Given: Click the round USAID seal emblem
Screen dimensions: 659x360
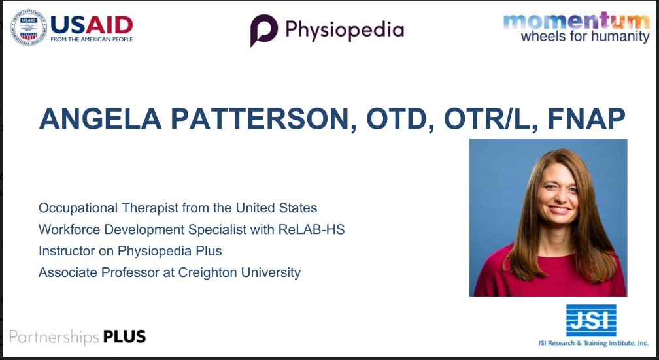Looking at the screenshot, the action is (x=29, y=27).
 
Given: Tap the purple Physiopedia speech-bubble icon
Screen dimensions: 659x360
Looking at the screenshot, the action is (x=264, y=30).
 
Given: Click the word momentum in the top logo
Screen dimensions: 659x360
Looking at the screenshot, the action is (x=576, y=21).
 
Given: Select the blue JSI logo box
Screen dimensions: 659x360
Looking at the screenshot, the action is (x=591, y=321).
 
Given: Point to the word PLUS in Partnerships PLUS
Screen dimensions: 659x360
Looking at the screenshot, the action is (x=124, y=336).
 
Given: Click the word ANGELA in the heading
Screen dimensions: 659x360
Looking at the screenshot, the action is (x=101, y=119).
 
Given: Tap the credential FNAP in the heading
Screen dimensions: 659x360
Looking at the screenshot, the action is (x=586, y=119).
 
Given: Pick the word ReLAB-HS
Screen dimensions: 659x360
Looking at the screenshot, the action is (x=311, y=229).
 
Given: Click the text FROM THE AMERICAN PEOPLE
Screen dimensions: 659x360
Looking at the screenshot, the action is (x=92, y=39).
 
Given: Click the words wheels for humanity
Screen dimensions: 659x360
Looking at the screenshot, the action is (x=585, y=37).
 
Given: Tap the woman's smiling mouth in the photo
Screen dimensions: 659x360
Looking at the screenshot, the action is (x=560, y=209).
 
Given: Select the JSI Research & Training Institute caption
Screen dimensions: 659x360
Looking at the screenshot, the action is (x=593, y=343).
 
